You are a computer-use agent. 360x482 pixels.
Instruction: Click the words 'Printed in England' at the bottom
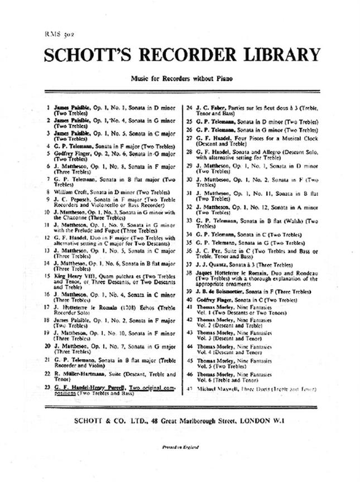(180, 447)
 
